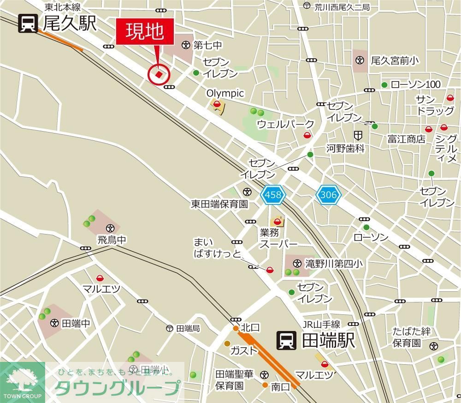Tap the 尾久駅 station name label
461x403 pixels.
click(x=70, y=24)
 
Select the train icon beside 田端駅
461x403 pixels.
click(x=286, y=341)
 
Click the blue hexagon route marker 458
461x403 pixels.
click(x=273, y=195)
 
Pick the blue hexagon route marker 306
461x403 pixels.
click(x=328, y=195)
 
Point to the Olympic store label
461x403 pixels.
click(x=225, y=93)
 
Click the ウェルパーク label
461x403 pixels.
click(x=285, y=124)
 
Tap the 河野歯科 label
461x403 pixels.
click(x=345, y=149)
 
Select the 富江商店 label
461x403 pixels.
click(x=406, y=139)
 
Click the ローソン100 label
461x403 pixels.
click(x=415, y=84)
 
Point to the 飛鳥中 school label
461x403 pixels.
click(x=111, y=240)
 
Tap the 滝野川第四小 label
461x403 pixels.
click(x=334, y=264)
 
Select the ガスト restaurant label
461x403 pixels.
click(x=244, y=350)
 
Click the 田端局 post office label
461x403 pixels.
click(x=188, y=328)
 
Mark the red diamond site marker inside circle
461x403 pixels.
click(x=159, y=74)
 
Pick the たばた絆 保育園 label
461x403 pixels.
click(x=411, y=337)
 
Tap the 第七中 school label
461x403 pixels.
click(x=208, y=45)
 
